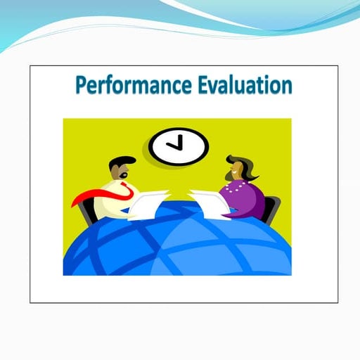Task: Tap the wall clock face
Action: [x=179, y=146]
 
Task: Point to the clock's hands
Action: [x=177, y=143]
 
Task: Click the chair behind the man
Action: [x=87, y=211]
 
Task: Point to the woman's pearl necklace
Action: [x=236, y=187]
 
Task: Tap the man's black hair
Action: [x=120, y=161]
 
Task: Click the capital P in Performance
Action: [x=81, y=85]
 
